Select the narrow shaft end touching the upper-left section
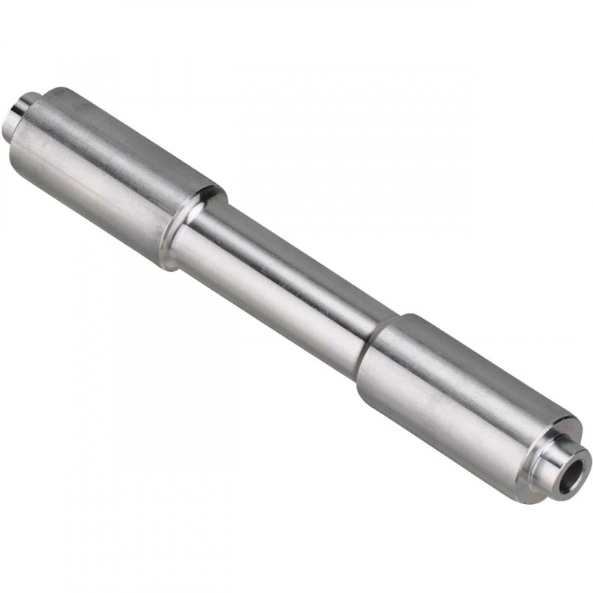pos(208,230)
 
